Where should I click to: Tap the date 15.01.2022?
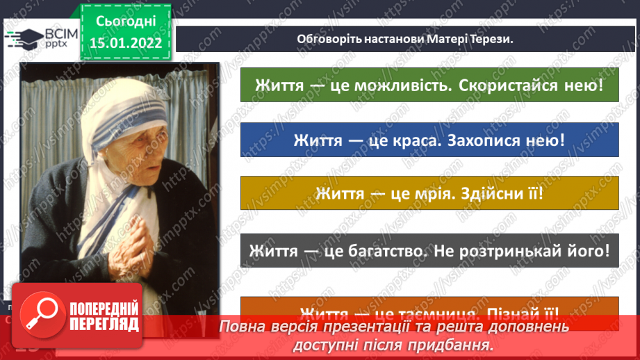[x=125, y=43]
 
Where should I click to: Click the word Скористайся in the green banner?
[x=513, y=86]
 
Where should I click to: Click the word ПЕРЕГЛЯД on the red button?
[x=104, y=324]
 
